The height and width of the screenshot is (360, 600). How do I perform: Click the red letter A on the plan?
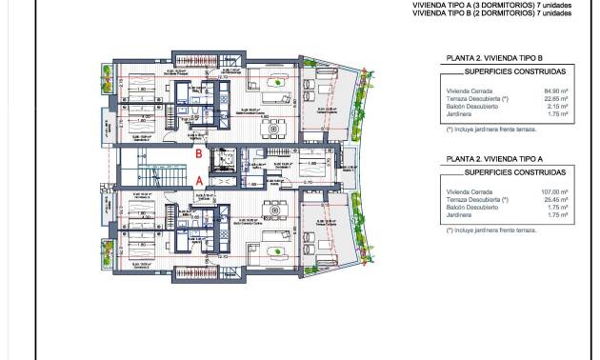pyautogui.click(x=198, y=179)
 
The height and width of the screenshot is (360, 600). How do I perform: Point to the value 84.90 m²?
pyautogui.click(x=555, y=90)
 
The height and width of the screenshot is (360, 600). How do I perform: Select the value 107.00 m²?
pyautogui.click(x=553, y=191)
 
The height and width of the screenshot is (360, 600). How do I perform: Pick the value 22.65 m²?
pyautogui.click(x=555, y=97)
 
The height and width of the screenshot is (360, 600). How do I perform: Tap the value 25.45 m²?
pyautogui.click(x=555, y=199)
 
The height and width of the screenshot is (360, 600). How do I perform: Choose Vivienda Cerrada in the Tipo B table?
pyautogui.click(x=466, y=90)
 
